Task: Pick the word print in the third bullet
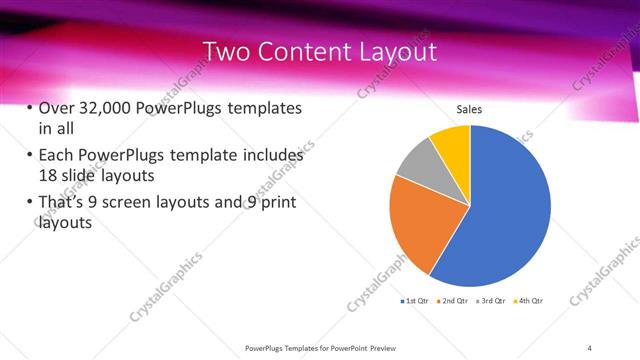[x=275, y=204]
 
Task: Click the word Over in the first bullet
[x=57, y=108]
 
